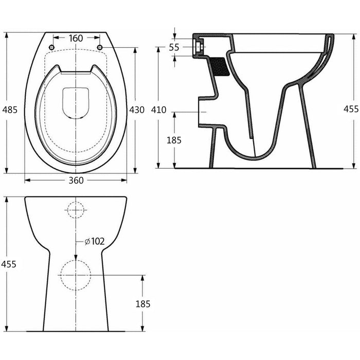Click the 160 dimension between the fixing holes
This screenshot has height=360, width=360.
point(76,38)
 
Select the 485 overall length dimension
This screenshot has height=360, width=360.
point(10,110)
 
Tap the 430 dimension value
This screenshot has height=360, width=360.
point(136,110)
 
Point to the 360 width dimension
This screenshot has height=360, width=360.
point(76,180)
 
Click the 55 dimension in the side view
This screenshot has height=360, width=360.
point(174,47)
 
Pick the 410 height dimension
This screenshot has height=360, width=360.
point(159,110)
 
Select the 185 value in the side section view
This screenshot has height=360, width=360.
point(174,140)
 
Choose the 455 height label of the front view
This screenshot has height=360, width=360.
point(9,264)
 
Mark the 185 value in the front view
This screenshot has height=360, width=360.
point(143,303)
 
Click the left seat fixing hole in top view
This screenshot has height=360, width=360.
point(51,47)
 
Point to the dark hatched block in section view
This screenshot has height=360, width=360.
point(221,66)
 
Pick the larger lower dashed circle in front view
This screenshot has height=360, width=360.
point(76,275)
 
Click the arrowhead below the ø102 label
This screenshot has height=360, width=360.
point(76,257)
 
